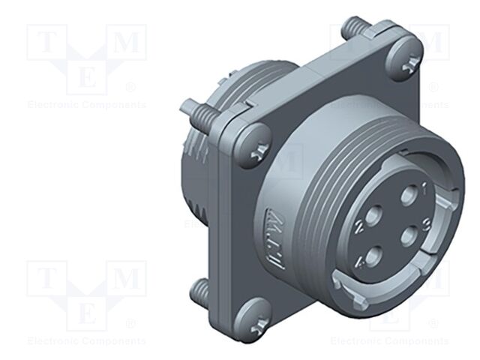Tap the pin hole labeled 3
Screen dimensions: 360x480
[408, 234]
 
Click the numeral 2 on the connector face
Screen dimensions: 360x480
[361, 223]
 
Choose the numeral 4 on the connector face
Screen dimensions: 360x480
[361, 262]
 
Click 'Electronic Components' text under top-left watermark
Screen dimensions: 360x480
[87, 105]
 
